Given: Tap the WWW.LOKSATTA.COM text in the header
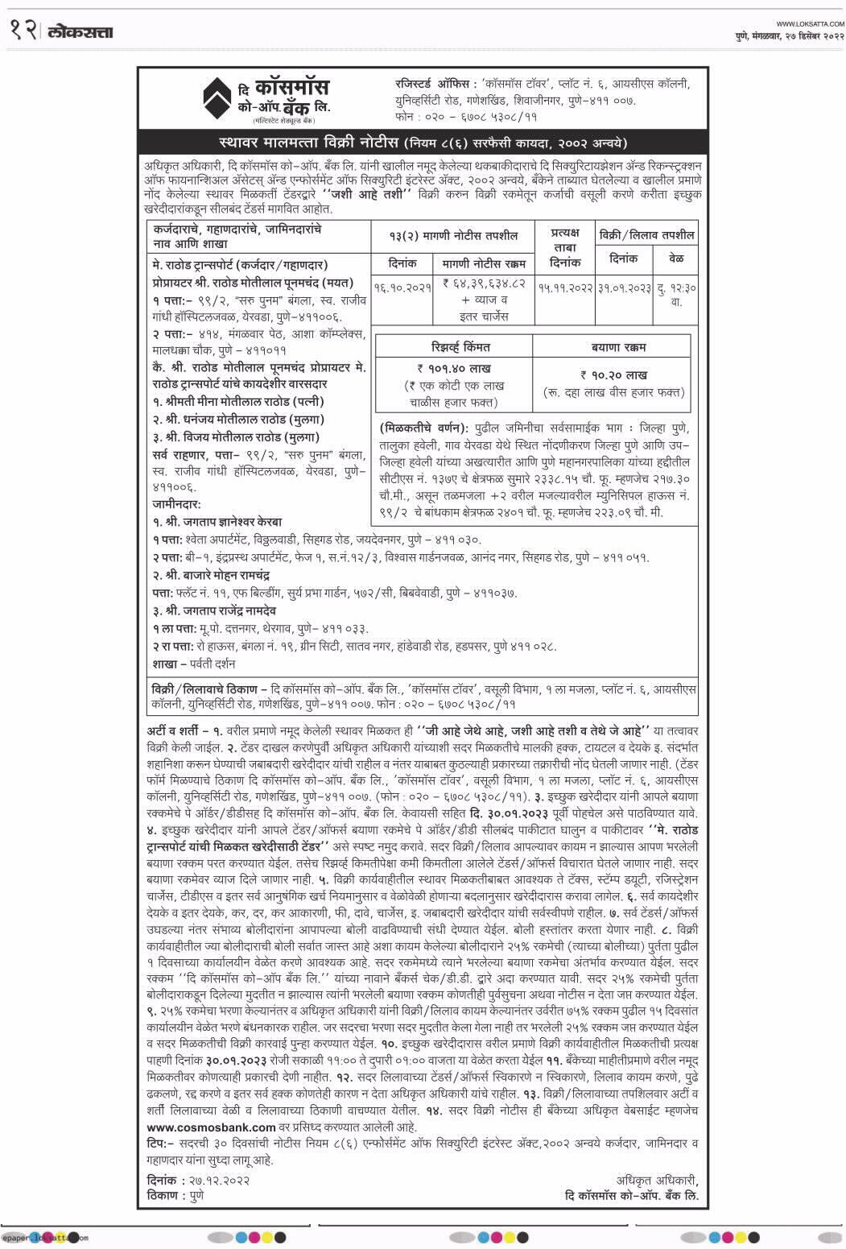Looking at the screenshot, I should point(810,23).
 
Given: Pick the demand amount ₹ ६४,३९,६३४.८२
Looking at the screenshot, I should point(484,284).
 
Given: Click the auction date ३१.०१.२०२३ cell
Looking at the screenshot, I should point(623,287).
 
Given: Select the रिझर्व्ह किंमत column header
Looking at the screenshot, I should point(454,347).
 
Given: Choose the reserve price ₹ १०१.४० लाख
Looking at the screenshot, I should point(454,368).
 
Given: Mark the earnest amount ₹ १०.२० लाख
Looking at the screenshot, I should point(613,374).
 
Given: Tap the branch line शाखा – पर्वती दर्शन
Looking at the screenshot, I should point(194,664).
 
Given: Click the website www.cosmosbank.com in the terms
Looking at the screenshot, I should point(212,1127).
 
